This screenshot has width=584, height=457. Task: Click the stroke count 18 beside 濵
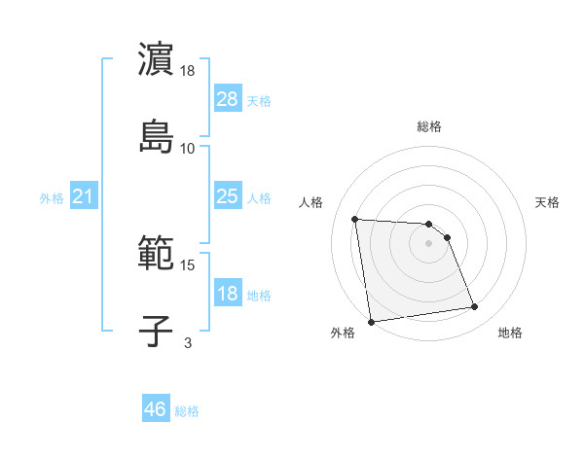[x=188, y=71]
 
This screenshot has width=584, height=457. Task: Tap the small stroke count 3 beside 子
[x=188, y=342]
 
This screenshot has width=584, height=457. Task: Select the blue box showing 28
[x=227, y=99]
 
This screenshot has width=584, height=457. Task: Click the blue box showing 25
[x=227, y=196]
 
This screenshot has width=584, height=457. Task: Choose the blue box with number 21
[x=84, y=197]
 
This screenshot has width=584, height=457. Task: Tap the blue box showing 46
[x=155, y=409]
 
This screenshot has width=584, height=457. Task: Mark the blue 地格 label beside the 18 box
[x=259, y=296]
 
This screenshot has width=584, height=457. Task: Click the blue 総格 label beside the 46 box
[x=187, y=411]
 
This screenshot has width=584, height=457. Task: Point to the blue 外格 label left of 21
[x=52, y=198]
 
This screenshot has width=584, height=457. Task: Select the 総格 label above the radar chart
[x=428, y=126]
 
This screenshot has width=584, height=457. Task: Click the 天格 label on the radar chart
[x=547, y=202]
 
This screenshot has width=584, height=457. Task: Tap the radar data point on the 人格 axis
[x=355, y=219]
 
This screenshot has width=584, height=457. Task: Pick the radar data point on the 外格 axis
[x=371, y=321]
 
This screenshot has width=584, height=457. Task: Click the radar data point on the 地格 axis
[x=475, y=307]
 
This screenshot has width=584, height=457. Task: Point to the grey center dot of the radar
[x=428, y=243]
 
